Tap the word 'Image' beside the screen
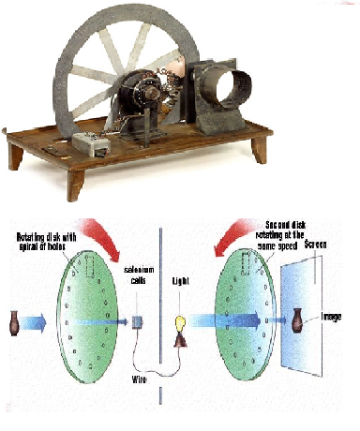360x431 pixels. pyautogui.click(x=334, y=316)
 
